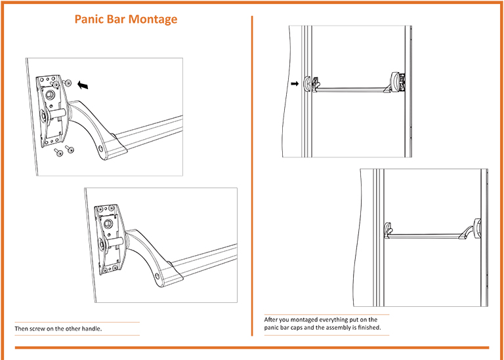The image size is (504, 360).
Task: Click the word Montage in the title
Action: point(152,19)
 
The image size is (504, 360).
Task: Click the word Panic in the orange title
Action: point(89,19)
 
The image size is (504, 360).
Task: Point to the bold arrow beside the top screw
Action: point(83,84)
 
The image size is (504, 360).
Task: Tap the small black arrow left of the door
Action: point(295,83)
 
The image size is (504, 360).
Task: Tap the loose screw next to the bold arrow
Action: point(68,83)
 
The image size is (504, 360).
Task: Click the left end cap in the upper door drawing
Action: point(314,83)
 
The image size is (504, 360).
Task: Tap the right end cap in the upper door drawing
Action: point(398,82)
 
